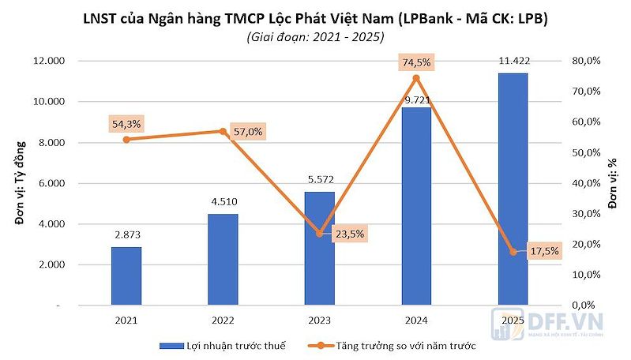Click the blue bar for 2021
coord(126,276)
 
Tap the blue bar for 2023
coord(319,248)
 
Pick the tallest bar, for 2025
coord(513,189)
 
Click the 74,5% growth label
coord(416,62)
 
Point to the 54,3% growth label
coord(127,124)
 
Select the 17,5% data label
coord(545,251)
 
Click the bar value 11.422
coord(513,63)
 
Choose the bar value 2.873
coord(126,235)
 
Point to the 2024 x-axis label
coord(415,321)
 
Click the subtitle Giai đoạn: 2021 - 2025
coord(315,36)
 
